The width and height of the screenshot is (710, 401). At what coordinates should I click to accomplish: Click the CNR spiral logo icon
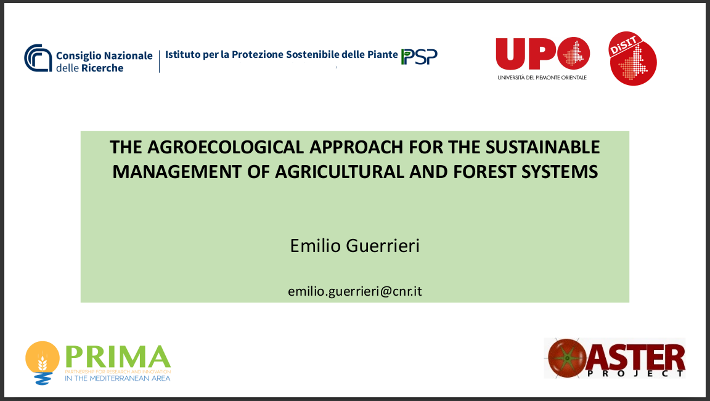(38, 57)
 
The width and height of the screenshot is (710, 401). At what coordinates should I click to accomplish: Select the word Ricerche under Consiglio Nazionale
(102, 68)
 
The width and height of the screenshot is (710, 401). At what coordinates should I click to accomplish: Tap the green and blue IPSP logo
(419, 57)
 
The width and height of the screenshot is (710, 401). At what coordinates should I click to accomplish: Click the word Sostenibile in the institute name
(312, 54)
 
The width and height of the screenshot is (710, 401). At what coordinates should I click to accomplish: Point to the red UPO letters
(542, 54)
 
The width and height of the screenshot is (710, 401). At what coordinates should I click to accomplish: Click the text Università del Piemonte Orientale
(542, 78)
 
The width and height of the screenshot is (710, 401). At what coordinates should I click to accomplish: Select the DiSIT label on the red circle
(624, 45)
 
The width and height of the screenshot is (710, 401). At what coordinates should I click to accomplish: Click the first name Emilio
(315, 246)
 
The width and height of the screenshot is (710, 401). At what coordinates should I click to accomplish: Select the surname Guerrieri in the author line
(383, 246)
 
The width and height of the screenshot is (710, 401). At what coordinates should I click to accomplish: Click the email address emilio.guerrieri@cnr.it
(355, 291)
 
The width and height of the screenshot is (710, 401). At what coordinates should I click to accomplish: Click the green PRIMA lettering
(118, 357)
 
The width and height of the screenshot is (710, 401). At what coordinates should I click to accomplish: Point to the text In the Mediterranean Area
(118, 378)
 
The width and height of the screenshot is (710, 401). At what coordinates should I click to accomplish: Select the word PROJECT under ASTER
(636, 373)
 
